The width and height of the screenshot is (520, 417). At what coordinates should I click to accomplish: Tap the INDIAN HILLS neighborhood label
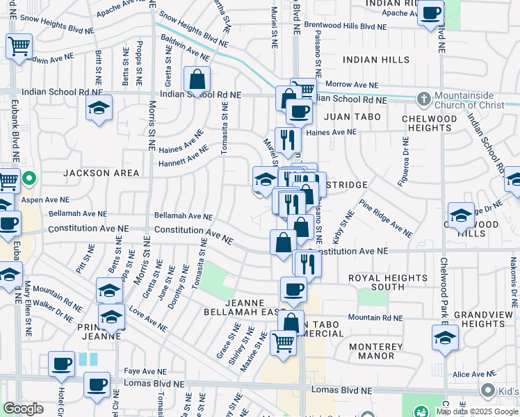click(x=375, y=60)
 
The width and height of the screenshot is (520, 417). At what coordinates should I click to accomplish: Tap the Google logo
click(x=24, y=409)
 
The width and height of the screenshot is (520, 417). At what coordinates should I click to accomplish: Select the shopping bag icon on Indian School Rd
click(x=197, y=80)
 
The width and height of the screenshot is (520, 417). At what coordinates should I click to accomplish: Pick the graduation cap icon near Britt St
click(x=99, y=108)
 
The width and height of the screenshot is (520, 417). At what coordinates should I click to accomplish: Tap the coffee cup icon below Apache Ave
click(x=431, y=13)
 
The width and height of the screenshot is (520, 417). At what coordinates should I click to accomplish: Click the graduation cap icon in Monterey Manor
click(x=445, y=338)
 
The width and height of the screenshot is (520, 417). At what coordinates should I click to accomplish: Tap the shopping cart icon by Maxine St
click(x=283, y=342)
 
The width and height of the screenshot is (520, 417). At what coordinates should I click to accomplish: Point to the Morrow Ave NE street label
click(x=352, y=85)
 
